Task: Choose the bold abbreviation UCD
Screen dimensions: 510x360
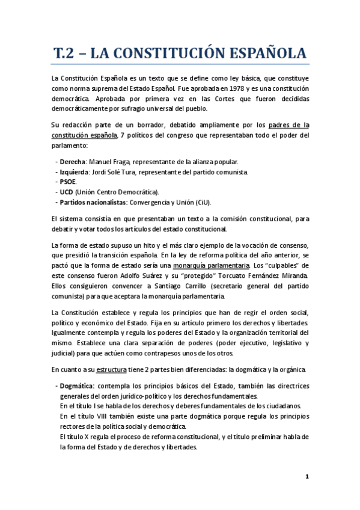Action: (x=67, y=192)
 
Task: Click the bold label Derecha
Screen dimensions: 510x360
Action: (x=73, y=162)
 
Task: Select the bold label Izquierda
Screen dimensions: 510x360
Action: (x=75, y=171)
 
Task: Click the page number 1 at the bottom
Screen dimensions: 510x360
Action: (x=307, y=477)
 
